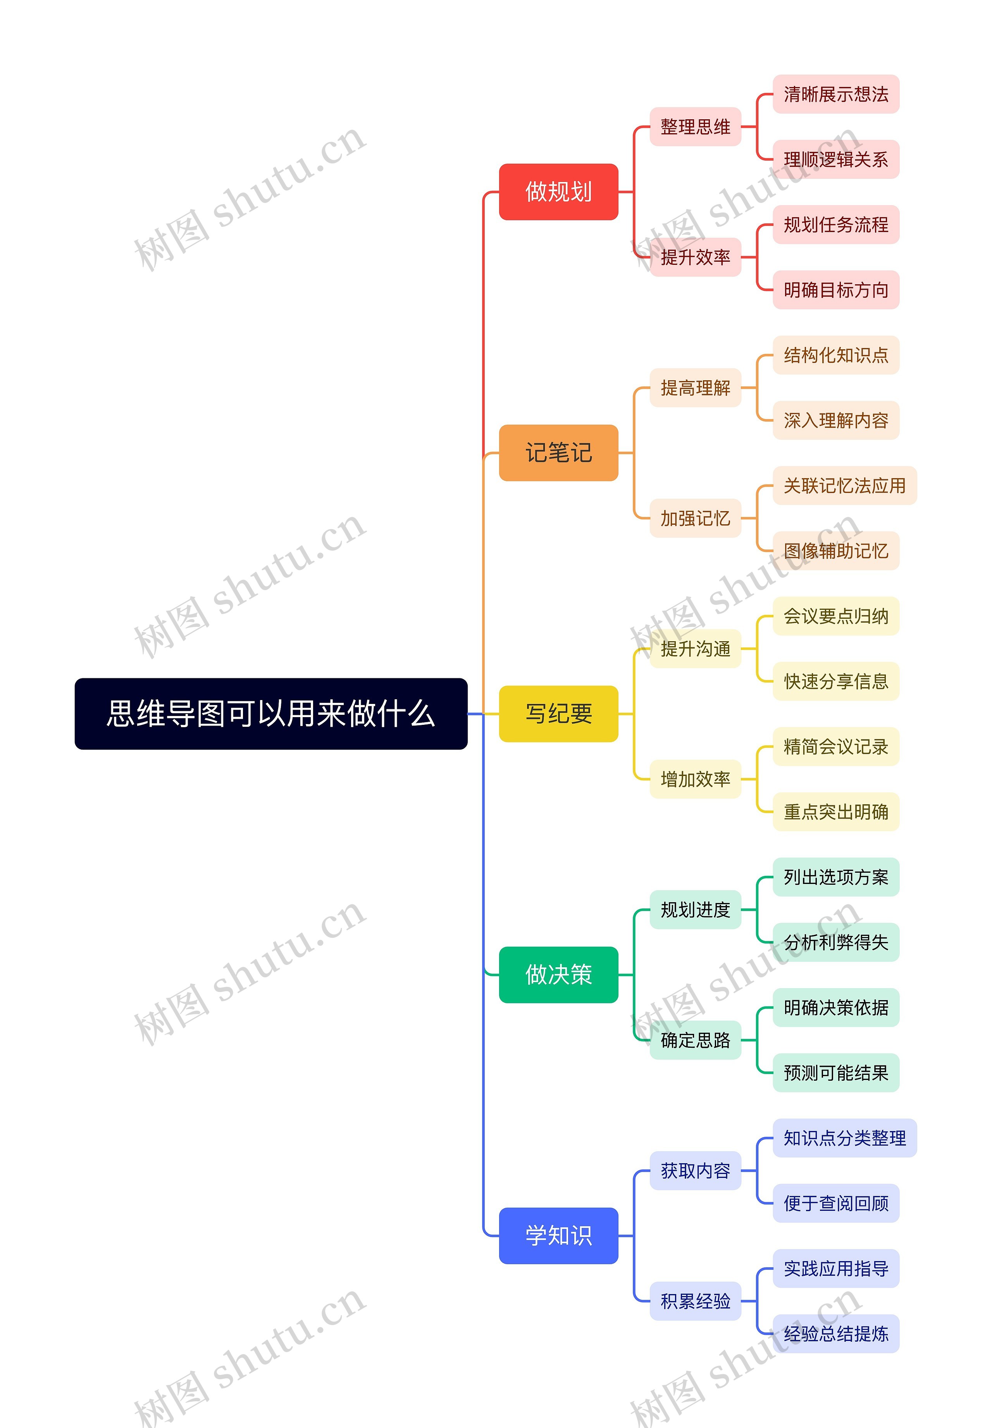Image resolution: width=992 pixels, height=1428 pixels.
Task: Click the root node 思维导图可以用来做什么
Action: pyautogui.click(x=271, y=714)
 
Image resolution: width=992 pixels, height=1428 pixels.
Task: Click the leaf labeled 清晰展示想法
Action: pyautogui.click(x=835, y=94)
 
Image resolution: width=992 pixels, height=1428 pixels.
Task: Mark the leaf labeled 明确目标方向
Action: pyautogui.click(x=835, y=290)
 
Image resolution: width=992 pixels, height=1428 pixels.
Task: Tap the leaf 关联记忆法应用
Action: pyautogui.click(x=844, y=486)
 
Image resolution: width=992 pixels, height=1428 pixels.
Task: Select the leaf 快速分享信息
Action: pyautogui.click(x=835, y=681)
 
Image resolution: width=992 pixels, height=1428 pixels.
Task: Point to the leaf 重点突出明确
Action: pyautogui.click(x=835, y=812)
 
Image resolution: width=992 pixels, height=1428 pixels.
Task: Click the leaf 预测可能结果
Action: pyautogui.click(x=835, y=1073)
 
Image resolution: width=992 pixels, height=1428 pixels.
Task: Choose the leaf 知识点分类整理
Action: pyautogui.click(x=844, y=1138)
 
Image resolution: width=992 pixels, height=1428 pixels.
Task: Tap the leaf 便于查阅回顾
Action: pyautogui.click(x=835, y=1203)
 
